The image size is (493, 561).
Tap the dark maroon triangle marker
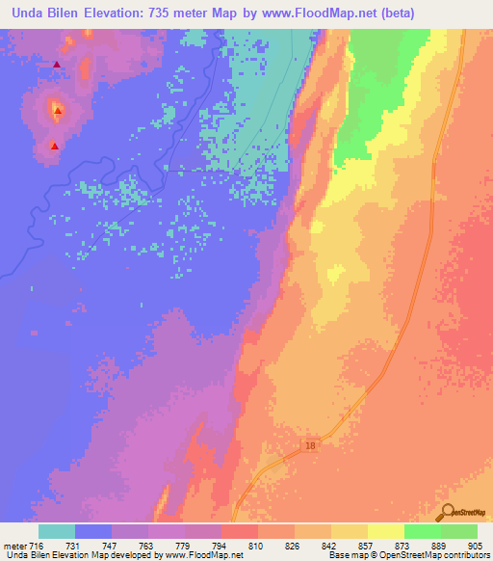pos(57,66)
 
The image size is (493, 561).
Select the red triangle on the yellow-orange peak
pos(58,111)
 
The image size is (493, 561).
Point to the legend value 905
pos(472,545)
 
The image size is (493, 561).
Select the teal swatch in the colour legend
pos(57,531)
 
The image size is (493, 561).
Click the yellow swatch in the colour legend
pos(386,531)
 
